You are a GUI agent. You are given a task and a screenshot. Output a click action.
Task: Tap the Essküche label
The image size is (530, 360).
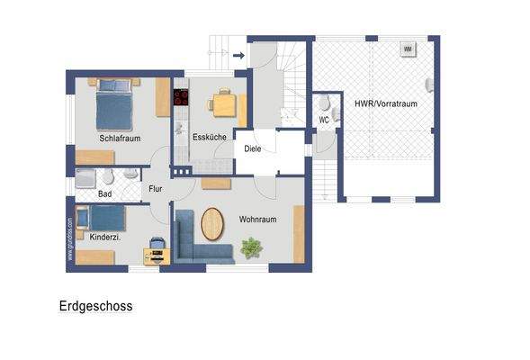(210, 137)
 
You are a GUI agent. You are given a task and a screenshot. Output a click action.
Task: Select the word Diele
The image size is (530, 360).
(252, 148)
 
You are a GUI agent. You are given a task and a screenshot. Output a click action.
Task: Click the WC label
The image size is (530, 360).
(324, 120)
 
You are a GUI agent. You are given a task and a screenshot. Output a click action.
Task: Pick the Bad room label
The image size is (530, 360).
(105, 193)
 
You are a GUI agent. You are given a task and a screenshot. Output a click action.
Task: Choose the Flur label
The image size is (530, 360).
(156, 189)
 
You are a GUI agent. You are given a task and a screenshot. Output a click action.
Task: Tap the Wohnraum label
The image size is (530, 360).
(257, 219)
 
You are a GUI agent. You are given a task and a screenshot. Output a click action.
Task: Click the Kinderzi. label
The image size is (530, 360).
(105, 236)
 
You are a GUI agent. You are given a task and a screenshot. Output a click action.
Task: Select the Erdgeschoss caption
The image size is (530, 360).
(95, 306)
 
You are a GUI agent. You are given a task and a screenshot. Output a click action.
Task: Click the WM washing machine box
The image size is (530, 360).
(408, 48)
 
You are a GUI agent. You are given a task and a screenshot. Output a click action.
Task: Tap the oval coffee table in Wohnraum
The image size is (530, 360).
(212, 224)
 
